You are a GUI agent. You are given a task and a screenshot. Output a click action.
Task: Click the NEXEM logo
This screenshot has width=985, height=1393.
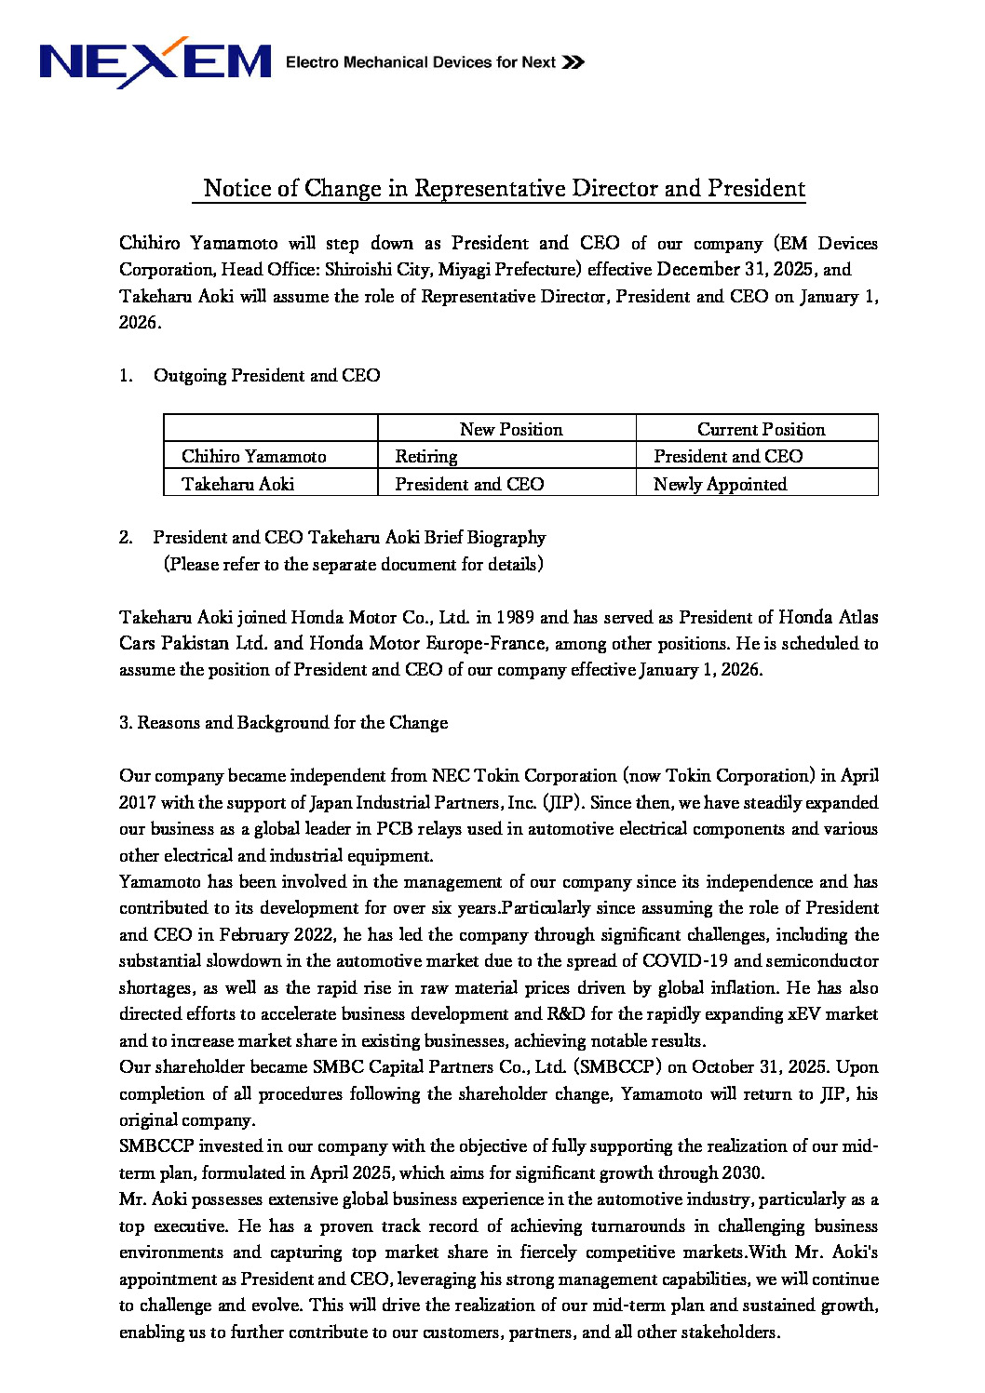(x=155, y=62)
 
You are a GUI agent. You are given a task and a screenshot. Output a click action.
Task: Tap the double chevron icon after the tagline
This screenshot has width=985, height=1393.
(x=573, y=62)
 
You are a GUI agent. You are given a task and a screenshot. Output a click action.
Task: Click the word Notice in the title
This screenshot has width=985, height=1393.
(x=237, y=189)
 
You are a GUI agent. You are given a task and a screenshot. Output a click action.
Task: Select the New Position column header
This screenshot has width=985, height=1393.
(x=511, y=429)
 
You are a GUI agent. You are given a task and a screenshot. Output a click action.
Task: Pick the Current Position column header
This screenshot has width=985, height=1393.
(x=761, y=429)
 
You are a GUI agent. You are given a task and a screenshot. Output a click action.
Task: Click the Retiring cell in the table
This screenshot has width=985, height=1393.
(x=426, y=457)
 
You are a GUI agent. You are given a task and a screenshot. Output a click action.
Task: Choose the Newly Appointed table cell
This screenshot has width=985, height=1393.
(x=720, y=484)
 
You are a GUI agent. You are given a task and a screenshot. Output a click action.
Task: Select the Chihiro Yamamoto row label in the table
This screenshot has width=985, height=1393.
(x=253, y=457)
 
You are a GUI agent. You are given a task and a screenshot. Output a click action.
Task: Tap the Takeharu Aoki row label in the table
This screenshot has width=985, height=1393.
(x=237, y=484)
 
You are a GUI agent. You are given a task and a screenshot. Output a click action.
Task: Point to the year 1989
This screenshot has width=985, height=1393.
(x=515, y=617)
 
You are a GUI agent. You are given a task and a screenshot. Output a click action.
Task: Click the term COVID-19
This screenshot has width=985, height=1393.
(x=685, y=960)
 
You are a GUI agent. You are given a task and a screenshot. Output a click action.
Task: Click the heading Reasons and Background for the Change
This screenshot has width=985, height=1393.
(x=292, y=723)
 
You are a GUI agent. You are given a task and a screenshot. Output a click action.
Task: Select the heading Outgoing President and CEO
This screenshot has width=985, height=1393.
(x=266, y=376)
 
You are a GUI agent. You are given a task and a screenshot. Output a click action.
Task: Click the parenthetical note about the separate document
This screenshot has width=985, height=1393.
(x=353, y=564)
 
